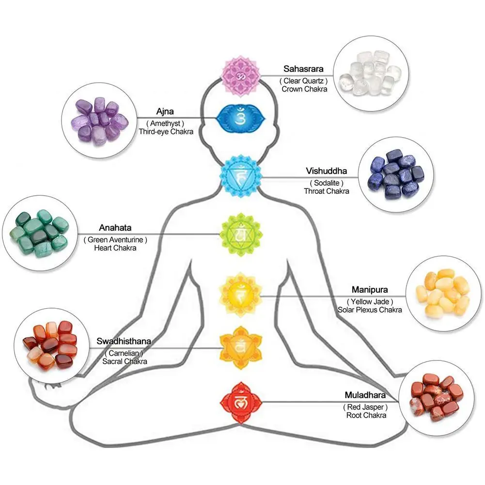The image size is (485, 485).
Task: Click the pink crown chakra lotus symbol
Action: tap(241, 76)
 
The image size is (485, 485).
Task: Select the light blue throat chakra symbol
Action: tap(241, 176)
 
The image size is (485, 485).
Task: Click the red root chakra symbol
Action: tap(241, 402)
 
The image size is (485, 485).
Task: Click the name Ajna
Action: tap(166, 111)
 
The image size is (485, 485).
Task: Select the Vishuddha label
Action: tap(327, 171)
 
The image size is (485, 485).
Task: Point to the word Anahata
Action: tap(115, 227)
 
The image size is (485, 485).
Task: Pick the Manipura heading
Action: tap(370, 290)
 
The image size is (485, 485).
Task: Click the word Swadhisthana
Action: tap(124, 341)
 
